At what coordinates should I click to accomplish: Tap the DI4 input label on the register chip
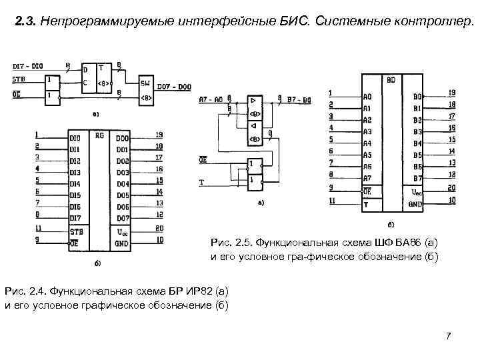pyautogui.click(x=75, y=184)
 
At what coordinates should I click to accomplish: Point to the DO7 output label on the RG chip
pyautogui.click(x=123, y=217)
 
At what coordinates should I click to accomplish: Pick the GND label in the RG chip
pyautogui.click(x=122, y=244)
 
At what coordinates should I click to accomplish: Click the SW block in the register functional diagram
pyautogui.click(x=145, y=83)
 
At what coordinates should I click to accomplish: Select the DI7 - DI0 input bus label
pyautogui.click(x=28, y=65)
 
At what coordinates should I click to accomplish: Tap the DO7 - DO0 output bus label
pyautogui.click(x=175, y=87)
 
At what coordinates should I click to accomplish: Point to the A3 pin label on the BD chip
pyautogui.click(x=367, y=131)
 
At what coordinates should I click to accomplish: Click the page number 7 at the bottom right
pyautogui.click(x=449, y=335)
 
